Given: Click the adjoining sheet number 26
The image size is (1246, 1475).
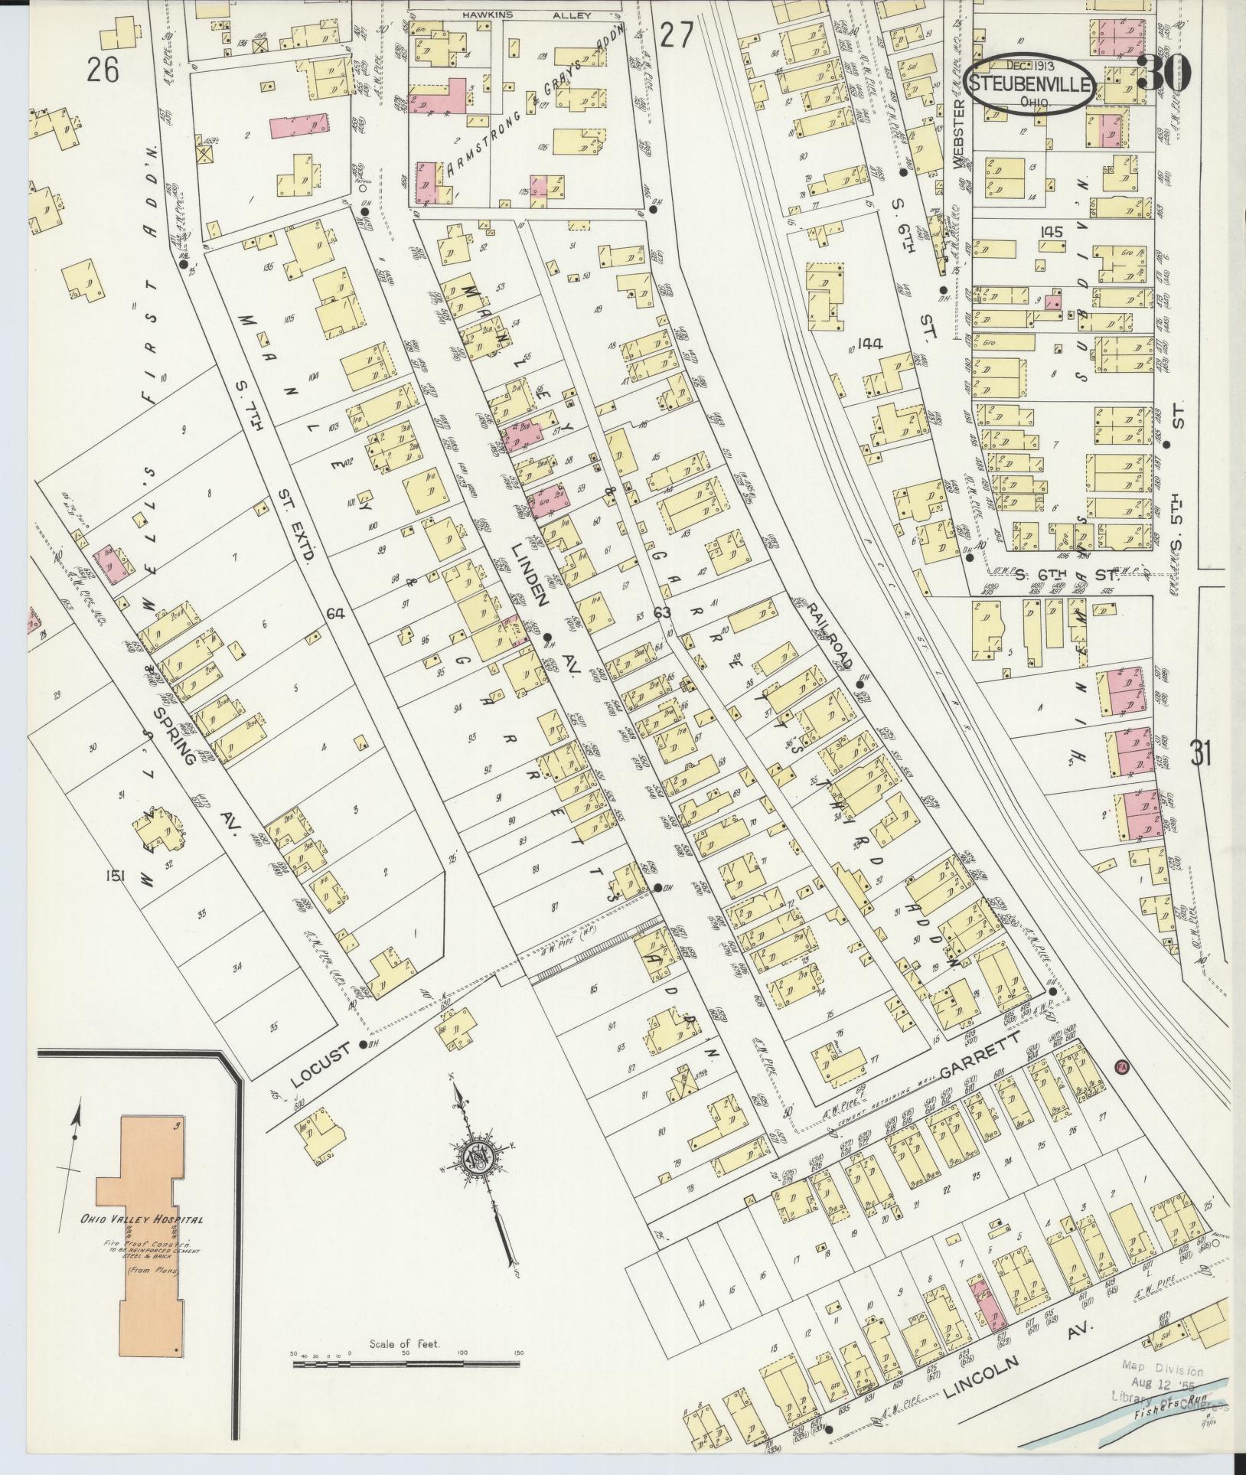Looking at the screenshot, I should pyautogui.click(x=103, y=71).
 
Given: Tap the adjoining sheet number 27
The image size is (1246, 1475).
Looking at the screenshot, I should pyautogui.click(x=676, y=35).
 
